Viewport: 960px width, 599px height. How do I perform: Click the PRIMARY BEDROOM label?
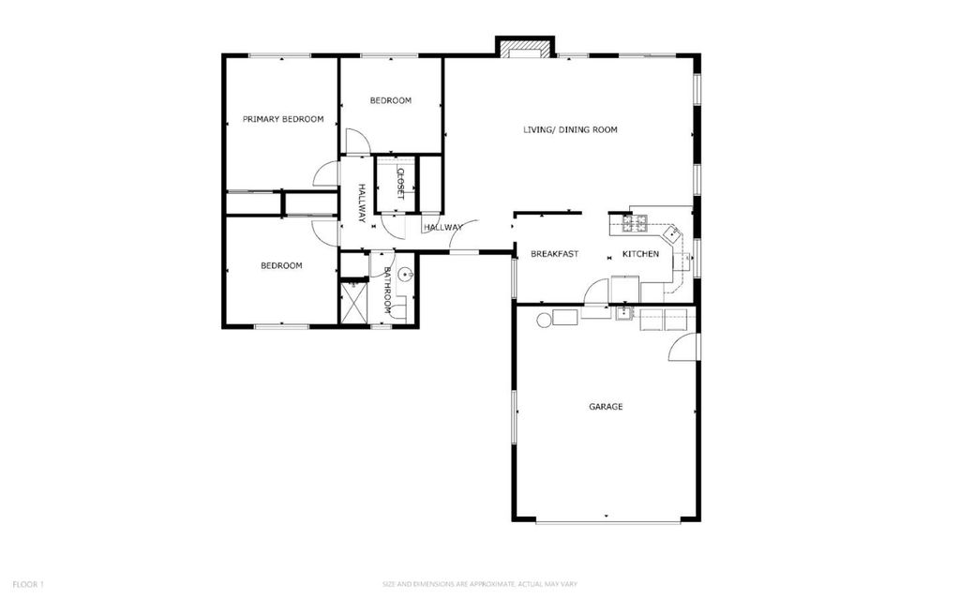coord(283,119)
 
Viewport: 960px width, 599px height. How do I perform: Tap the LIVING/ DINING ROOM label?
coord(570,129)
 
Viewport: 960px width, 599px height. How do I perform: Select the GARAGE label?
coord(606,406)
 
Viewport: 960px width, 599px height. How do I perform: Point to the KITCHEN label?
coord(640,253)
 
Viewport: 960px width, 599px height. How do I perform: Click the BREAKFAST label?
coord(554,253)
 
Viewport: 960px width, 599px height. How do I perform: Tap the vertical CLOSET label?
coord(400,184)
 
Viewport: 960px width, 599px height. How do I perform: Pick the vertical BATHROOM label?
coord(387,291)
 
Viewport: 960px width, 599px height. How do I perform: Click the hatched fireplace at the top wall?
coord(524,49)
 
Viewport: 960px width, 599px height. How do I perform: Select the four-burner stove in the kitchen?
coord(635,223)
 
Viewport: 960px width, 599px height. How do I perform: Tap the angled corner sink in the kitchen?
coord(673,232)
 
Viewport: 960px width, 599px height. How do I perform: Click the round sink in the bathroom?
coord(405,275)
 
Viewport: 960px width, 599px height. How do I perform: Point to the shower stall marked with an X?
coord(353,302)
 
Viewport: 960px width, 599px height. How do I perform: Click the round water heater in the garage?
coord(543,319)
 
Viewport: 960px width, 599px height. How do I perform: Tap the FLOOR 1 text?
coord(28,584)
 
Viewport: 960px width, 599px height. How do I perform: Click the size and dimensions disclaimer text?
coord(479,584)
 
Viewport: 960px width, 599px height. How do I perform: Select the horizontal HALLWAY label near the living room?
coord(442,227)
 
